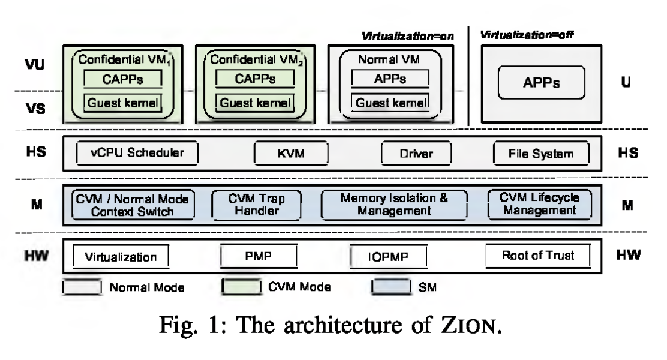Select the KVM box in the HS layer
click(292, 154)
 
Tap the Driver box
click(416, 154)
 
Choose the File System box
click(541, 154)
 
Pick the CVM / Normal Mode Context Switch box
click(133, 205)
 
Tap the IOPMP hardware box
click(388, 257)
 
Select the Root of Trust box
click(537, 256)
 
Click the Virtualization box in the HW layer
click(121, 257)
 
